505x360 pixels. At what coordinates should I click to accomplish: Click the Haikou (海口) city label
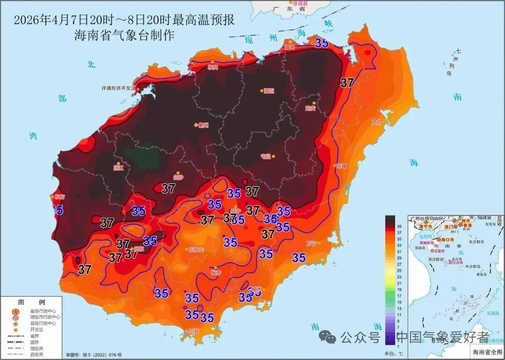coord(289,48)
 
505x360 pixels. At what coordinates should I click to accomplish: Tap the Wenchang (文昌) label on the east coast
coord(377,122)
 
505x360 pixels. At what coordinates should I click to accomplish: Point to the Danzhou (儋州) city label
coord(203,125)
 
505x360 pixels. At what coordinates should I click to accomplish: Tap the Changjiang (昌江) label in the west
coord(118,167)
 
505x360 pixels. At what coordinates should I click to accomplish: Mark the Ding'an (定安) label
coord(310,108)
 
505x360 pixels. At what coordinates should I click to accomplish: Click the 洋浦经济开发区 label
coord(118,88)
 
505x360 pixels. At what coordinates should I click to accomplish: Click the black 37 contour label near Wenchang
coord(347,83)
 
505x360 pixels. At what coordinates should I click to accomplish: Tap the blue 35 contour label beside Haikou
coord(321,43)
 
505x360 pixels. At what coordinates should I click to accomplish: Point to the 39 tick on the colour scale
coord(399,226)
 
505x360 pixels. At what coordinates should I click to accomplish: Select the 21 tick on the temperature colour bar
coord(399,283)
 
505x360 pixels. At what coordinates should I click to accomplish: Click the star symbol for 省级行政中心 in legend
coord(15,311)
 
